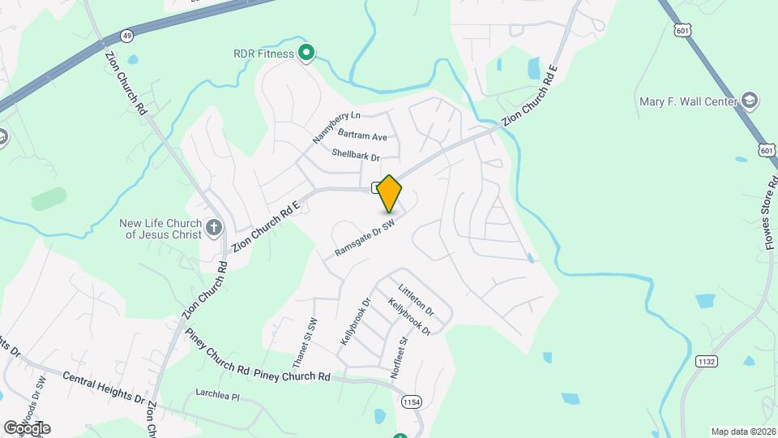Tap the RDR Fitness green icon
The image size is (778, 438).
[x=306, y=54]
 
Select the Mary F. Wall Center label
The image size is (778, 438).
[x=688, y=101]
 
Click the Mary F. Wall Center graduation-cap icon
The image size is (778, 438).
[x=750, y=101]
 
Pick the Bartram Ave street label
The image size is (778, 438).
[x=368, y=136]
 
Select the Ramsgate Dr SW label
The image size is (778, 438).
[x=365, y=239]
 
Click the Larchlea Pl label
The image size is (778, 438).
[x=218, y=397]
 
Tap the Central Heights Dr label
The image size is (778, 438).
[x=104, y=389]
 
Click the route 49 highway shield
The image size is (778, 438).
[x=126, y=36]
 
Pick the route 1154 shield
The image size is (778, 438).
[x=411, y=401]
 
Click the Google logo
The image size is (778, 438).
[x=27, y=428]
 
